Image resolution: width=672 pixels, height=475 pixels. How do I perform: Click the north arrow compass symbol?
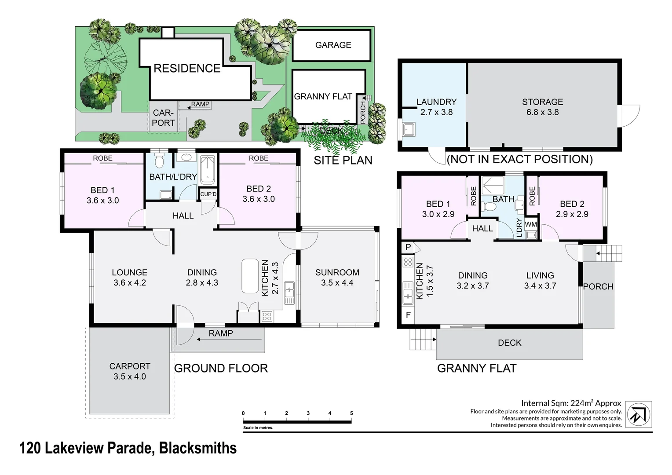639,414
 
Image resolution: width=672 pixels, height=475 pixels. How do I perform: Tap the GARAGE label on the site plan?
333,45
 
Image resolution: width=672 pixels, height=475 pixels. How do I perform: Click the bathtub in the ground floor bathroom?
208,170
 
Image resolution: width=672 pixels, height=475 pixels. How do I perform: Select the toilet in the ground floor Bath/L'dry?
159,161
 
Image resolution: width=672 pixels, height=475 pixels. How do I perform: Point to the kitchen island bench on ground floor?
250,276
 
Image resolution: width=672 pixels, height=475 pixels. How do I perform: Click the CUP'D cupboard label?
208,194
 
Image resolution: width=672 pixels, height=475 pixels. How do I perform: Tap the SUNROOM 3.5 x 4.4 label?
337,278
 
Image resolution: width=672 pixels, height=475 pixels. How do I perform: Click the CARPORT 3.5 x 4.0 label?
130,371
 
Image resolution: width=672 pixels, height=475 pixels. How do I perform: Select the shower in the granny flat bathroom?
493,186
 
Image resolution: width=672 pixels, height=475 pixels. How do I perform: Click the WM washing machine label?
531,224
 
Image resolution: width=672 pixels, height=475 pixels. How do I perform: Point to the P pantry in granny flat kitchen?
408,247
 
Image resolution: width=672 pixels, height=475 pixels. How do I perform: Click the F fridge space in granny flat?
408,315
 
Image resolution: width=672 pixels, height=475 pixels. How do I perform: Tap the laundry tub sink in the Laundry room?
409,130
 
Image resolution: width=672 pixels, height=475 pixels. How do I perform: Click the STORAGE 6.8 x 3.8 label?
542,107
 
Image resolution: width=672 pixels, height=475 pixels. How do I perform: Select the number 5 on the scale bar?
351,413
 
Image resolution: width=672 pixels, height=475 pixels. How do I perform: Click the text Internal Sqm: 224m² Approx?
571,403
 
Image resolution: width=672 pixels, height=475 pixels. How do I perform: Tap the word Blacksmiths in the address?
198,448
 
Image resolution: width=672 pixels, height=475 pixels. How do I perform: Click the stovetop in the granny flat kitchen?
408,262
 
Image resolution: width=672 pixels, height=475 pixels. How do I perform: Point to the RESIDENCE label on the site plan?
187,69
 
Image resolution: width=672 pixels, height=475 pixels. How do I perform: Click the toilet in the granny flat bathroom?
490,207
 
